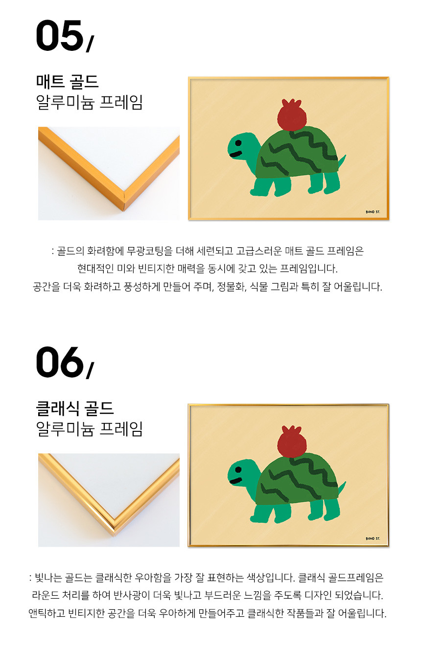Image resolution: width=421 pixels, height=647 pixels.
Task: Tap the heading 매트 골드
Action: [68, 81]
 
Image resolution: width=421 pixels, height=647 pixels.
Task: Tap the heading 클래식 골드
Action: [75, 408]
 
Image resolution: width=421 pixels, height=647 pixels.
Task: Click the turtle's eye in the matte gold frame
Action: [238, 143]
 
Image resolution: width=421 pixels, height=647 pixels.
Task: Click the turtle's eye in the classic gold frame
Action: [238, 469]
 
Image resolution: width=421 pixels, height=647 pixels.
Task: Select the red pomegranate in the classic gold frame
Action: [292, 442]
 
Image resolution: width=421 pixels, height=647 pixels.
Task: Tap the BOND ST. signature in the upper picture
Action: [373, 212]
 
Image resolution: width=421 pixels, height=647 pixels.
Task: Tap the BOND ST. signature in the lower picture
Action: [373, 538]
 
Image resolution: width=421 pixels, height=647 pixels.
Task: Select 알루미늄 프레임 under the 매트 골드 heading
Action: [90, 102]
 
